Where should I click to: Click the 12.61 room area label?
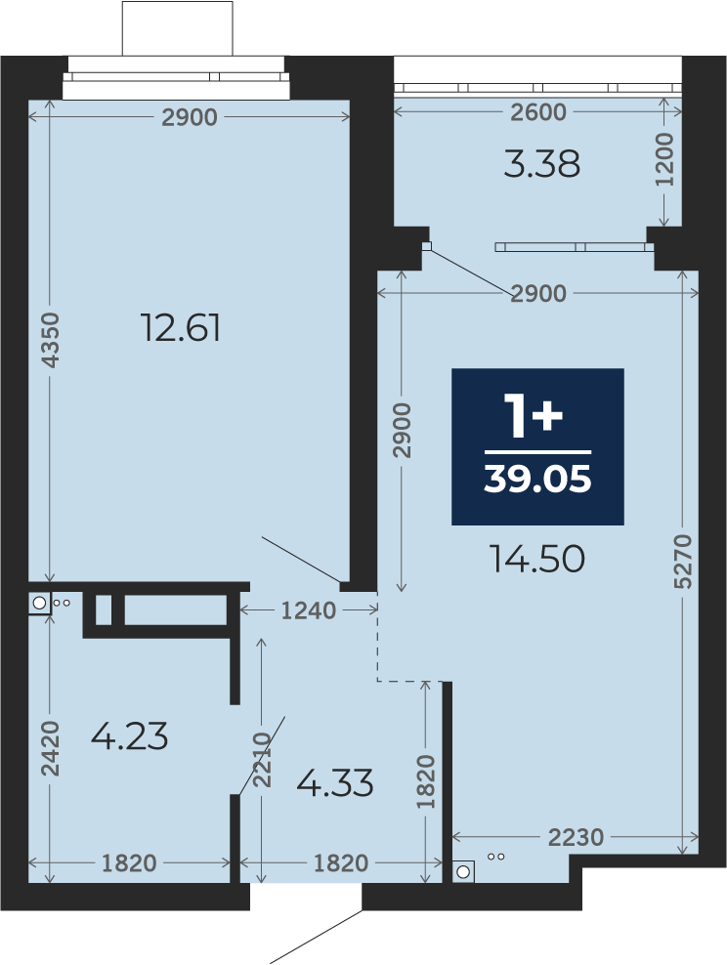point(181,327)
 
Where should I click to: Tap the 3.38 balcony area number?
point(541,165)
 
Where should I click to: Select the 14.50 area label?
point(537,560)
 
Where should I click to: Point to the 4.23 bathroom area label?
point(129,736)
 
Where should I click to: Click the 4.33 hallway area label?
point(335,783)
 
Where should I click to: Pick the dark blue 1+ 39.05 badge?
point(538,446)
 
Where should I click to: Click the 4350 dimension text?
point(52,340)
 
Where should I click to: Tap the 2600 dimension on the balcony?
point(538,112)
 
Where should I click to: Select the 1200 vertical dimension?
point(664,159)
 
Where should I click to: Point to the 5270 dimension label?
point(683,562)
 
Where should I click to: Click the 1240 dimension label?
point(309,610)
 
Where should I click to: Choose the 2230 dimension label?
point(577,837)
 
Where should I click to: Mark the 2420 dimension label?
point(50,748)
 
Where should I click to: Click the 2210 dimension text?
point(263,760)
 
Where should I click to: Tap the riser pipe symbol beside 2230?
point(463,871)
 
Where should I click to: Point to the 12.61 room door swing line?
point(301,559)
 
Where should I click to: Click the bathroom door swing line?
point(262,755)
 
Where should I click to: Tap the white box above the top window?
point(178,28)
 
